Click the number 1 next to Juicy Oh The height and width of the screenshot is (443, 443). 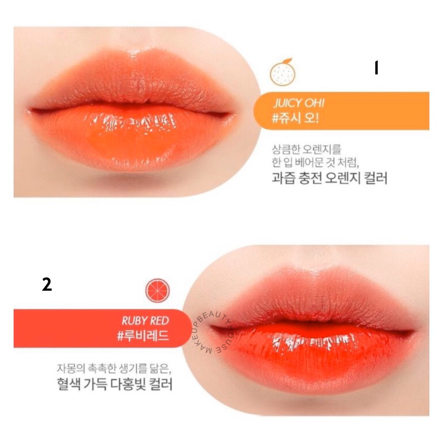tap(376, 68)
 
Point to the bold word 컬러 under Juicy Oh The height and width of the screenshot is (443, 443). tap(374, 178)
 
